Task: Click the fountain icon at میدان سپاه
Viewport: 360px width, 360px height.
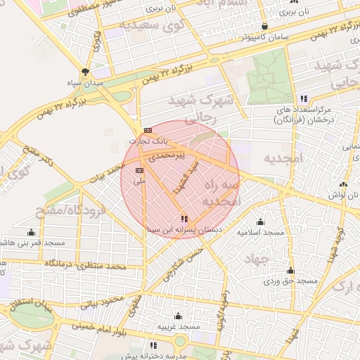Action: point(86,72)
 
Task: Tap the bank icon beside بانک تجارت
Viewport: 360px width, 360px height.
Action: point(148,131)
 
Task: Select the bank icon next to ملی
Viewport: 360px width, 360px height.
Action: point(139,170)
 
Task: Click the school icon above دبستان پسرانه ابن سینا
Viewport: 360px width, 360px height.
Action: point(184,219)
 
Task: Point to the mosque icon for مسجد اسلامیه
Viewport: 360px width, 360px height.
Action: point(260,221)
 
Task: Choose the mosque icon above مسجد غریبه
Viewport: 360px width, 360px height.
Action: point(178,316)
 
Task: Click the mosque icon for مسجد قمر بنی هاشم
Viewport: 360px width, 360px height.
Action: point(31,233)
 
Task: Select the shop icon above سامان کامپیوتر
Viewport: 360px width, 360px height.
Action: point(264,25)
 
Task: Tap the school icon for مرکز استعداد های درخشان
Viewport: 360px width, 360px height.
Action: point(304,99)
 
